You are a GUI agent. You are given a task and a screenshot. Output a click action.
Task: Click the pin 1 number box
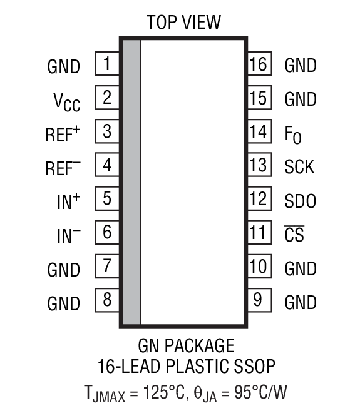[x=107, y=64]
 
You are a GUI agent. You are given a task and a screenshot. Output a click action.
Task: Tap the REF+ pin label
[x=63, y=133]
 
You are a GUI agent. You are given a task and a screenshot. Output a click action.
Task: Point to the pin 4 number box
[x=107, y=166]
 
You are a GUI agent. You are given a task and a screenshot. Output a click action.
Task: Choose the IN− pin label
[x=68, y=235]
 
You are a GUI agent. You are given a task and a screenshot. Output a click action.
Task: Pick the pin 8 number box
[x=107, y=301]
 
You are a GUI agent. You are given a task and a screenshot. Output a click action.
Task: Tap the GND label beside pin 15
[x=301, y=99]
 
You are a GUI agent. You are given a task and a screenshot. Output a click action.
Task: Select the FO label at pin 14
[x=292, y=134]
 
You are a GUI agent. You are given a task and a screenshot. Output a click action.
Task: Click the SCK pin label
[x=299, y=167]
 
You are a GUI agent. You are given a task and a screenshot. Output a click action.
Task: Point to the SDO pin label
[x=300, y=201]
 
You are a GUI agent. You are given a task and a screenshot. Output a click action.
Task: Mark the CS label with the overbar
[x=294, y=235]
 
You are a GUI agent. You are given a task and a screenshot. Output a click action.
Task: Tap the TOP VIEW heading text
[x=183, y=23]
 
